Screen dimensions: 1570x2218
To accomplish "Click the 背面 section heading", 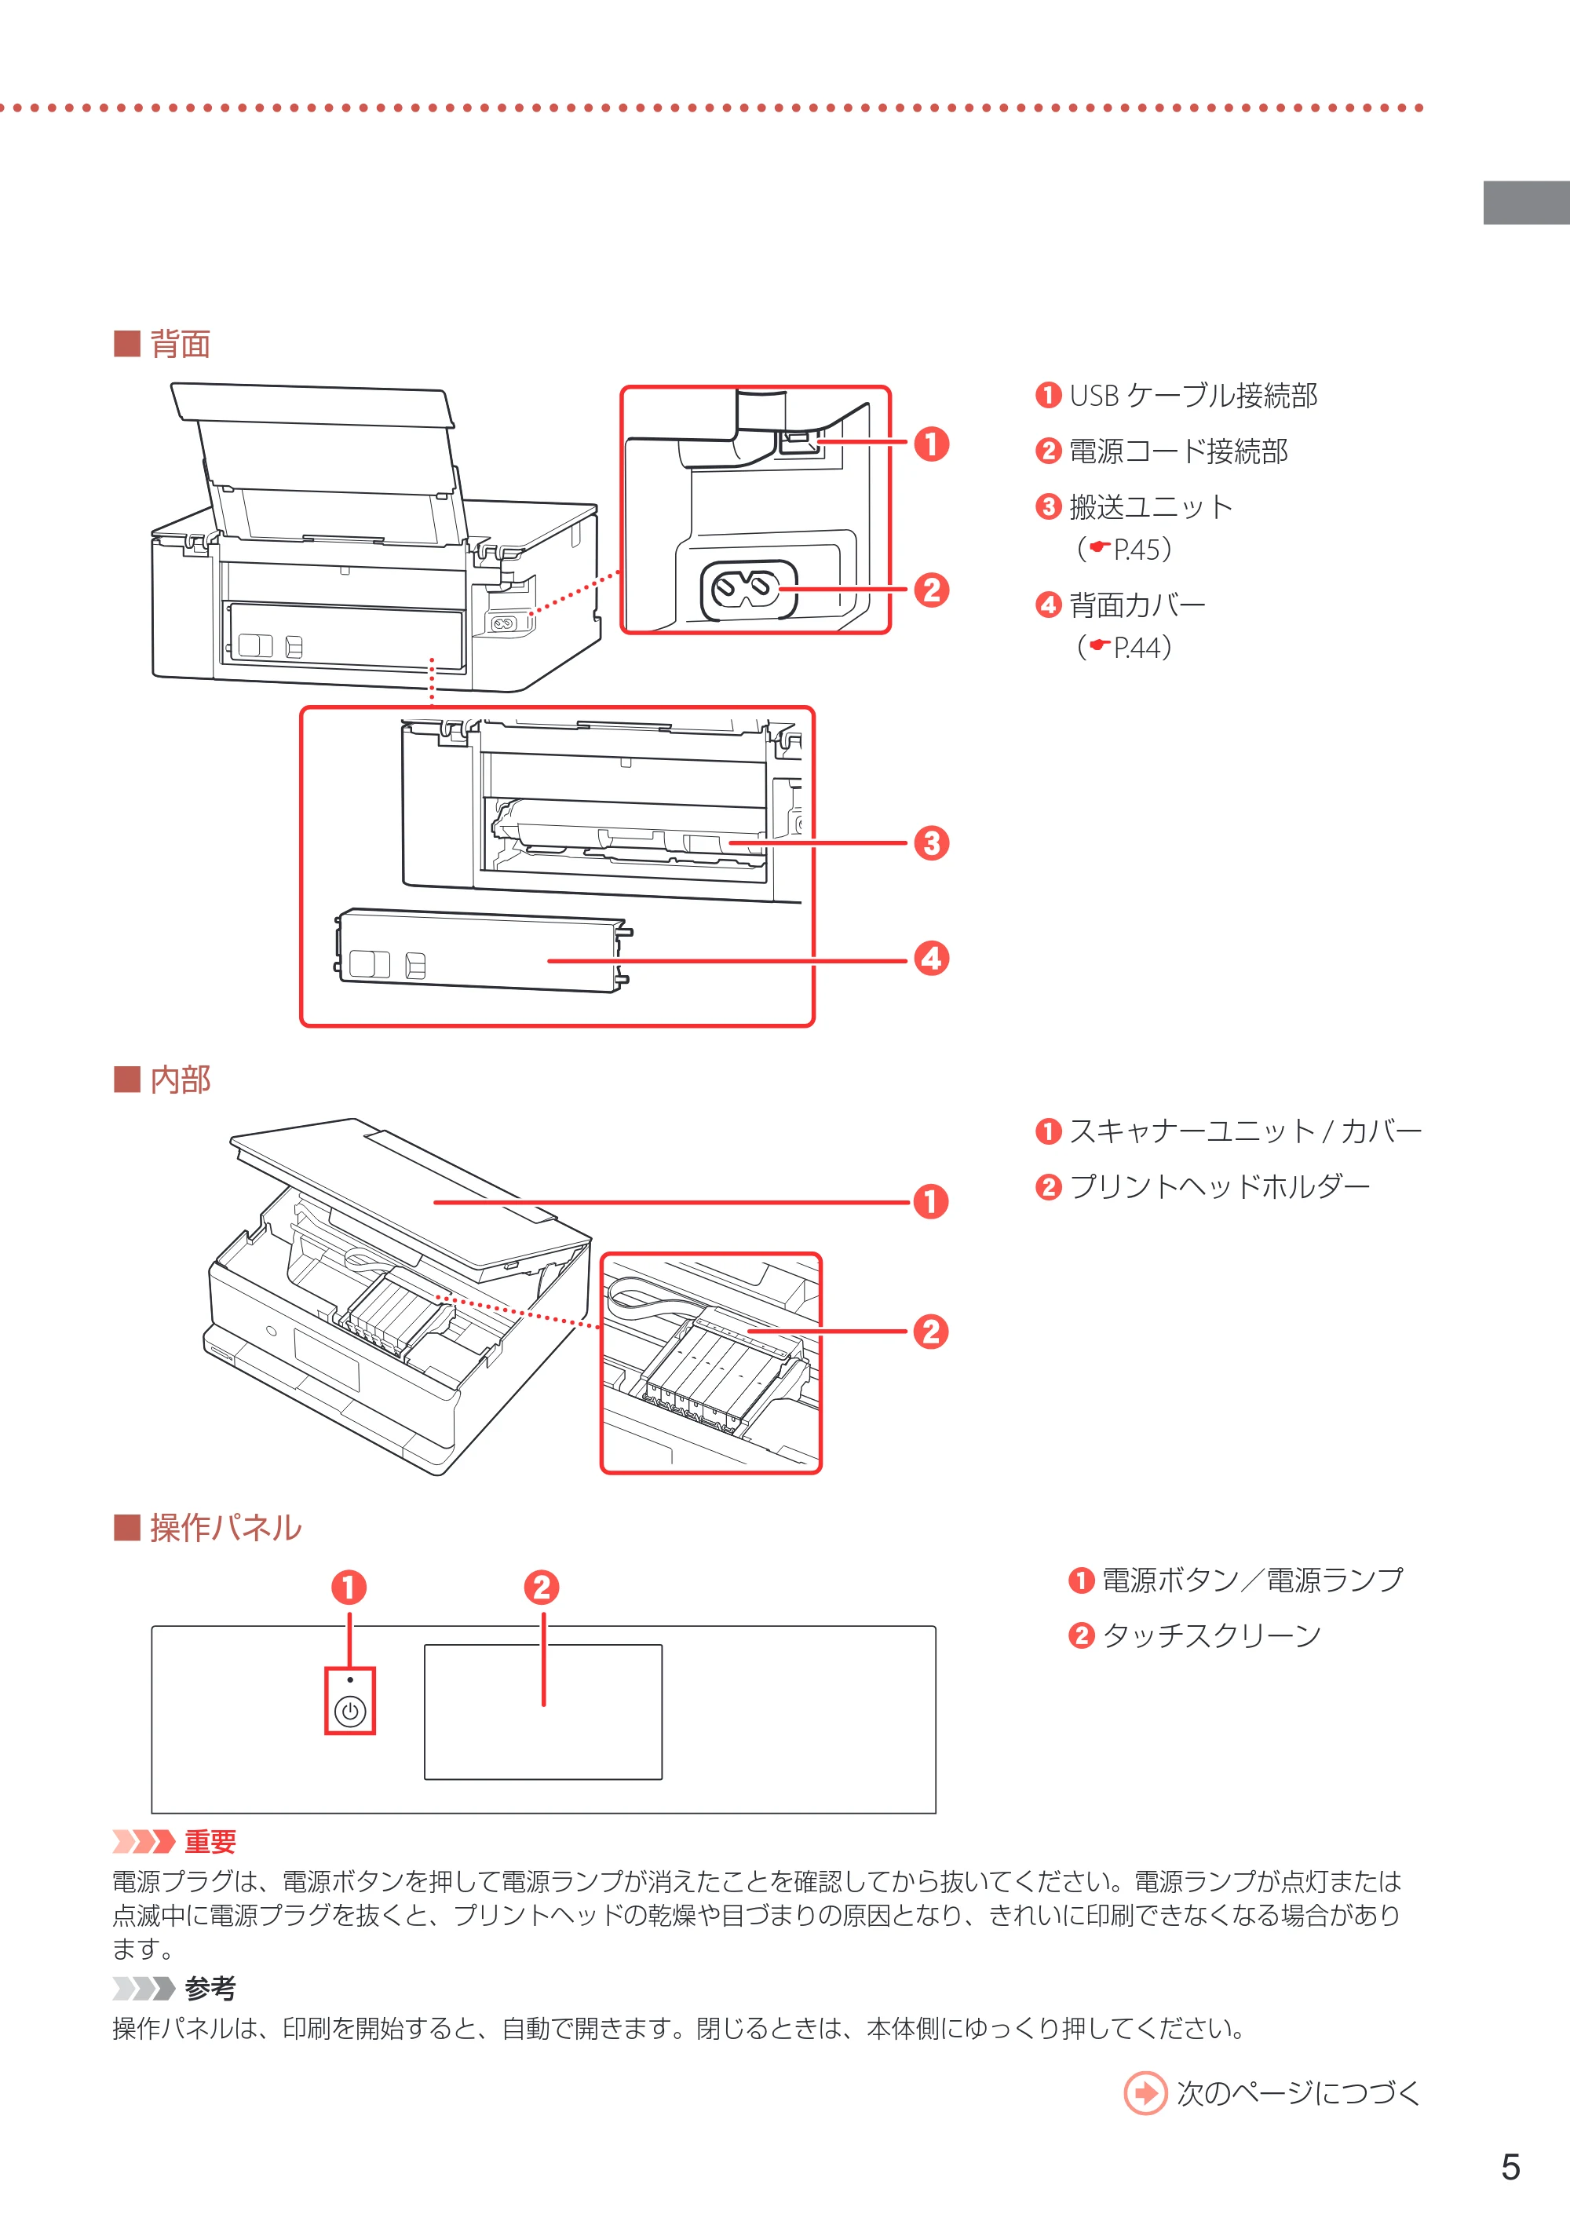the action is (180, 344).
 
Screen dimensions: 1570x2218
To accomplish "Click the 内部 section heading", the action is (180, 1079).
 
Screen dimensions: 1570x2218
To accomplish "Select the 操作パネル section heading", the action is (225, 1528).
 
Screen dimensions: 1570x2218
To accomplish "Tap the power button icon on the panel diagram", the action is (350, 1712).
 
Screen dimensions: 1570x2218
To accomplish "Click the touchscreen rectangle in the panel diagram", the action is (543, 1712).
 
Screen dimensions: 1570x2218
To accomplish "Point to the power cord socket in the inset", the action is (748, 590).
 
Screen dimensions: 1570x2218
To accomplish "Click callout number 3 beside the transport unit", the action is (931, 843).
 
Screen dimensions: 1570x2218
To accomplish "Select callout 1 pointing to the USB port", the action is (931, 444).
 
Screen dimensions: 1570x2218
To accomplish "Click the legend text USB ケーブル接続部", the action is (1193, 396).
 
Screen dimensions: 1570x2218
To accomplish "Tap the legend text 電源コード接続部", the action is (1178, 451).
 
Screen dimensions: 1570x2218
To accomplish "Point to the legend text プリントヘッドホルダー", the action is (1219, 1186).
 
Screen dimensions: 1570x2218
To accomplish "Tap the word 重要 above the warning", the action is (210, 1841).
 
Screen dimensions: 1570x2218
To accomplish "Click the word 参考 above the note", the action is (210, 1988).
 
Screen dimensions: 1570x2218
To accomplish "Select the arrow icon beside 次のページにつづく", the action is (1145, 2093).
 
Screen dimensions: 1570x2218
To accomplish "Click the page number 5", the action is (1510, 2167).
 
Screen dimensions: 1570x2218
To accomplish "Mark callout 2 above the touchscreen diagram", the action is (542, 1588).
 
